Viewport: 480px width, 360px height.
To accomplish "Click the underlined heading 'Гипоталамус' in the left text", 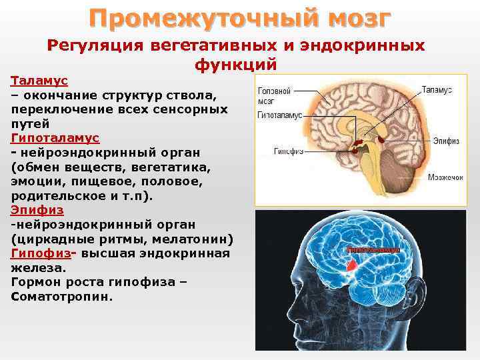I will pyautogui.click(x=55, y=138).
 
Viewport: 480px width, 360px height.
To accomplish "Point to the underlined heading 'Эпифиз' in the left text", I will pyautogui.click(x=37, y=210).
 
